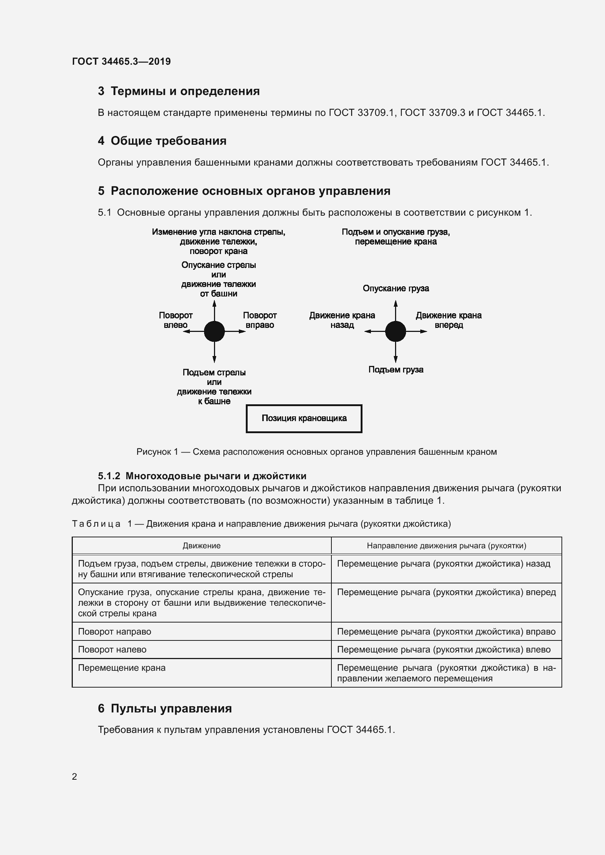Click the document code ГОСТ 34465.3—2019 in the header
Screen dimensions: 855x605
[121, 61]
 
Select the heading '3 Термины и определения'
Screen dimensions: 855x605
[179, 91]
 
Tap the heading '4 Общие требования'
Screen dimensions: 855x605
[162, 141]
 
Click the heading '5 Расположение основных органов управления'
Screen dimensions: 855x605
[244, 191]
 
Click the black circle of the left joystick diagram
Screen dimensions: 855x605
[214, 331]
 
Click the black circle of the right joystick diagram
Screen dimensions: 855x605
[395, 331]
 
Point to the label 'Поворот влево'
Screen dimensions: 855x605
[176, 320]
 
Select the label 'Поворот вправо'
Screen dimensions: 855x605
[260, 320]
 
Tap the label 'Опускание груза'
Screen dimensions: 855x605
[396, 288]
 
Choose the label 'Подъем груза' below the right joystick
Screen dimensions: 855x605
[396, 370]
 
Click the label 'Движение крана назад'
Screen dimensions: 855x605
[342, 320]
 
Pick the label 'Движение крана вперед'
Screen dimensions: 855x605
[448, 320]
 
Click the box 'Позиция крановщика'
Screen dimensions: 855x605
[304, 419]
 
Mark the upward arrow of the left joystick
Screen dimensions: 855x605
[214, 309]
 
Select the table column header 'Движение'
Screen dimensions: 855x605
[202, 545]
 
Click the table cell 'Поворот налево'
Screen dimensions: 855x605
[112, 650]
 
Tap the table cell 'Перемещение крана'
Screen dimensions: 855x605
[121, 668]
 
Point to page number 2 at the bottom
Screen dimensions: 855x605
[75, 776]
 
